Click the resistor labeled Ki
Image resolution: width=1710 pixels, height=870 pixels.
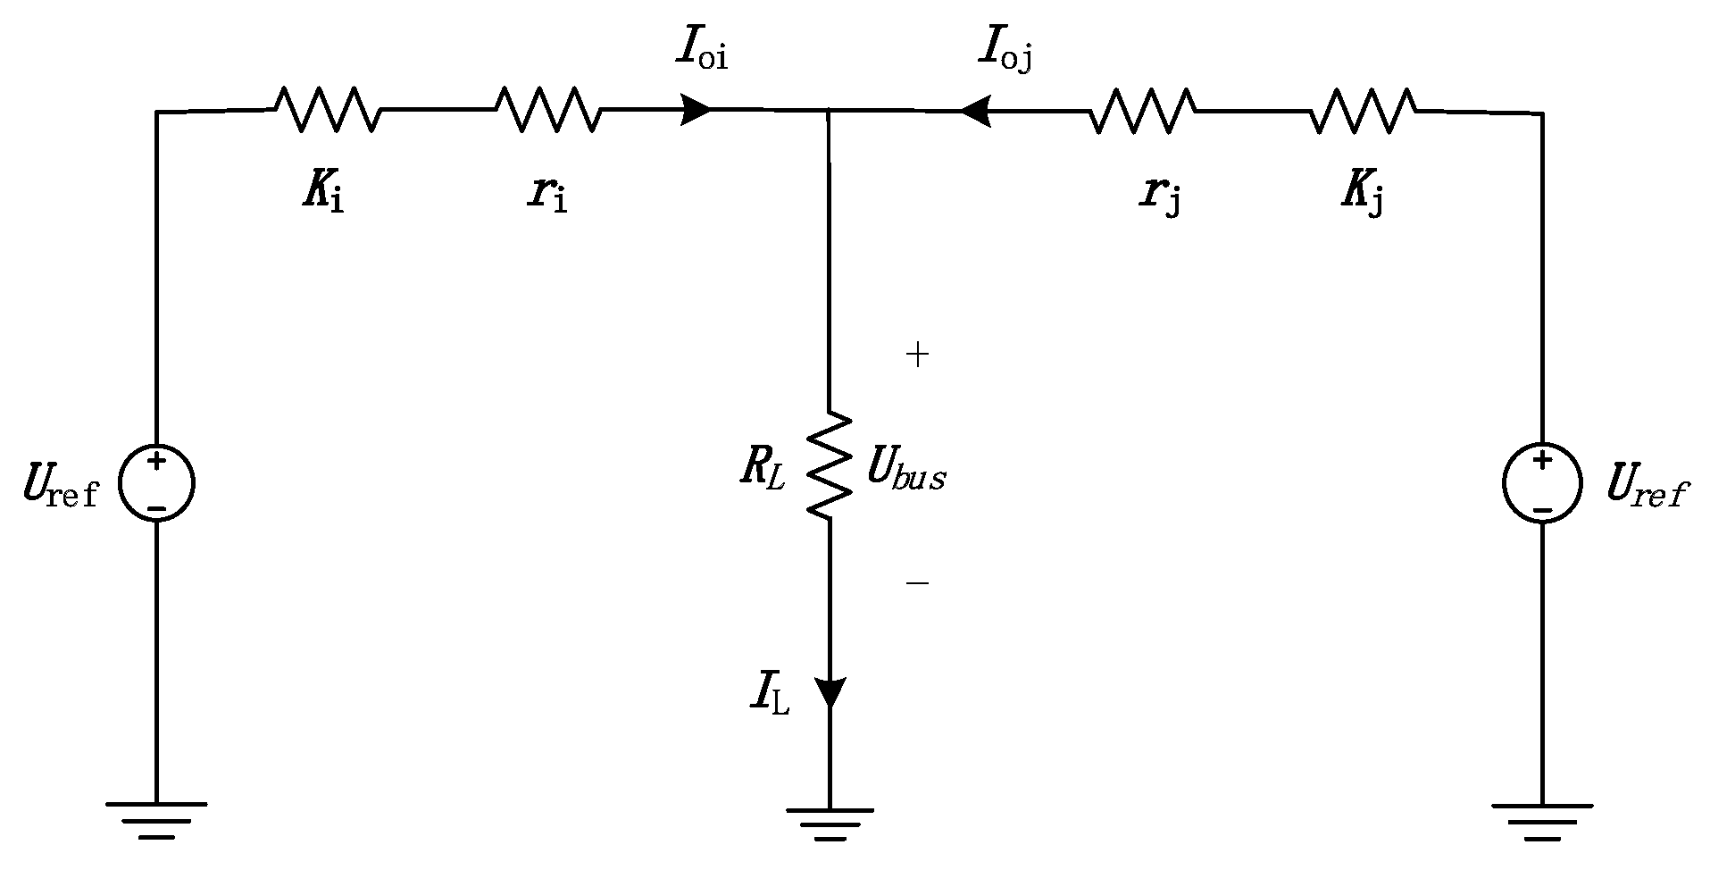coord(327,109)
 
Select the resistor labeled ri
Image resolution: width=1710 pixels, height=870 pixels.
coord(547,109)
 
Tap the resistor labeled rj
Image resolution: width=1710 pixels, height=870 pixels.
coord(1142,111)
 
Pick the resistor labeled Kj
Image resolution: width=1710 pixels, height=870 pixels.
coord(1363,111)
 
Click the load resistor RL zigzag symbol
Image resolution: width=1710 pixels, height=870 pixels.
coord(830,464)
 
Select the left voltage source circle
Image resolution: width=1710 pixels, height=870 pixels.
coord(156,484)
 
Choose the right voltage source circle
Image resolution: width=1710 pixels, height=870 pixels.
coord(1542,484)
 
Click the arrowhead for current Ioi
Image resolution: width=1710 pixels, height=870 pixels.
coord(696,110)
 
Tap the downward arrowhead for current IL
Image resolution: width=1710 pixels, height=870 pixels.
coord(830,692)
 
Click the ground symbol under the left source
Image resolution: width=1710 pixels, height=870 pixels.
coord(156,820)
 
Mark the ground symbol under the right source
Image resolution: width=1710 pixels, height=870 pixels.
coord(1542,821)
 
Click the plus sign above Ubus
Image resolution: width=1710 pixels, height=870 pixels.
coord(917,355)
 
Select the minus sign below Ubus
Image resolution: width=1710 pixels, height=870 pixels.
coord(917,583)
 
